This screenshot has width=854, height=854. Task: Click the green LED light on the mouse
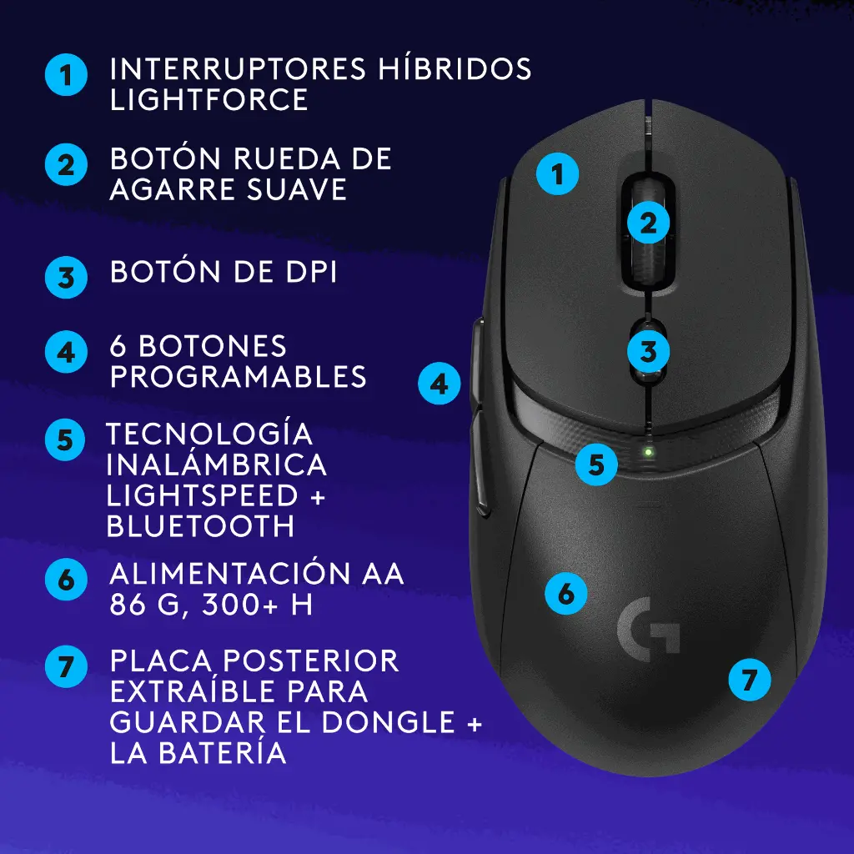click(x=648, y=451)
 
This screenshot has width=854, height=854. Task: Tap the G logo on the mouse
click(x=648, y=629)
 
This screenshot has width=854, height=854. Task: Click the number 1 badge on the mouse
click(x=557, y=174)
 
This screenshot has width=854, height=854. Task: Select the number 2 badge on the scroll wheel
click(x=648, y=223)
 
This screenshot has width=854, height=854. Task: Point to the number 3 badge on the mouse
click(x=648, y=351)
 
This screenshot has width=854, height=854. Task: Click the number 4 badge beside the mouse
click(x=439, y=384)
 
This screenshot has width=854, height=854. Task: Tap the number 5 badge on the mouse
click(x=596, y=465)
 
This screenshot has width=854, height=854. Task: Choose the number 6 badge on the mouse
click(x=566, y=593)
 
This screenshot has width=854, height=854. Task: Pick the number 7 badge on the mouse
click(x=750, y=679)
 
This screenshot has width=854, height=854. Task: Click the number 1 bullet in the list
click(x=66, y=74)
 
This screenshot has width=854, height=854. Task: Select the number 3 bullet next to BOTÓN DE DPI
click(x=66, y=277)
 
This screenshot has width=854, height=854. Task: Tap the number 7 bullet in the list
click(x=66, y=666)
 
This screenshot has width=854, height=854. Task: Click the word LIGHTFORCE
click(x=209, y=100)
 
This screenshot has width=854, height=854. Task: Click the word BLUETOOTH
click(x=200, y=525)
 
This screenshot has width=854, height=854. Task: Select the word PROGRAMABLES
click(x=238, y=376)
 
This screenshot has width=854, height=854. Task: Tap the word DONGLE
click(x=389, y=721)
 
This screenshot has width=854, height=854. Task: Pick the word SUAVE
click(x=296, y=189)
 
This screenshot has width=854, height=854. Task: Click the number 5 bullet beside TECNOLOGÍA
click(x=65, y=440)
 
